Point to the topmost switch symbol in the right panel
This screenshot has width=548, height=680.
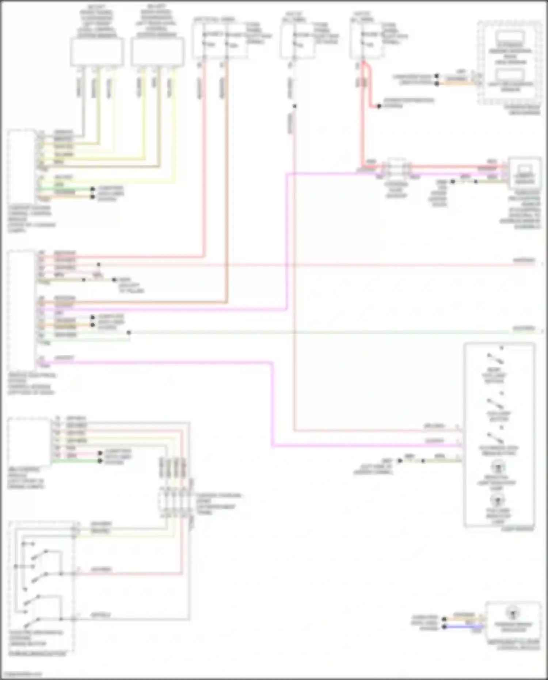(x=495, y=360)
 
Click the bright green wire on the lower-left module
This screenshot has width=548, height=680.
(x=75, y=461)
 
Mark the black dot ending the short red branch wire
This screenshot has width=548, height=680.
(x=379, y=106)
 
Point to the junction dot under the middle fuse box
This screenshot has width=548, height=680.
(x=294, y=106)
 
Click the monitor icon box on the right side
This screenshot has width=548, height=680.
(x=524, y=173)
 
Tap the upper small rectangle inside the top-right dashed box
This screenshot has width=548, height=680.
(x=510, y=38)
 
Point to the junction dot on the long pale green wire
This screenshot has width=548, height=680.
(x=129, y=333)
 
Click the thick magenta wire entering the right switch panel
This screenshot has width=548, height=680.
(x=365, y=446)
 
